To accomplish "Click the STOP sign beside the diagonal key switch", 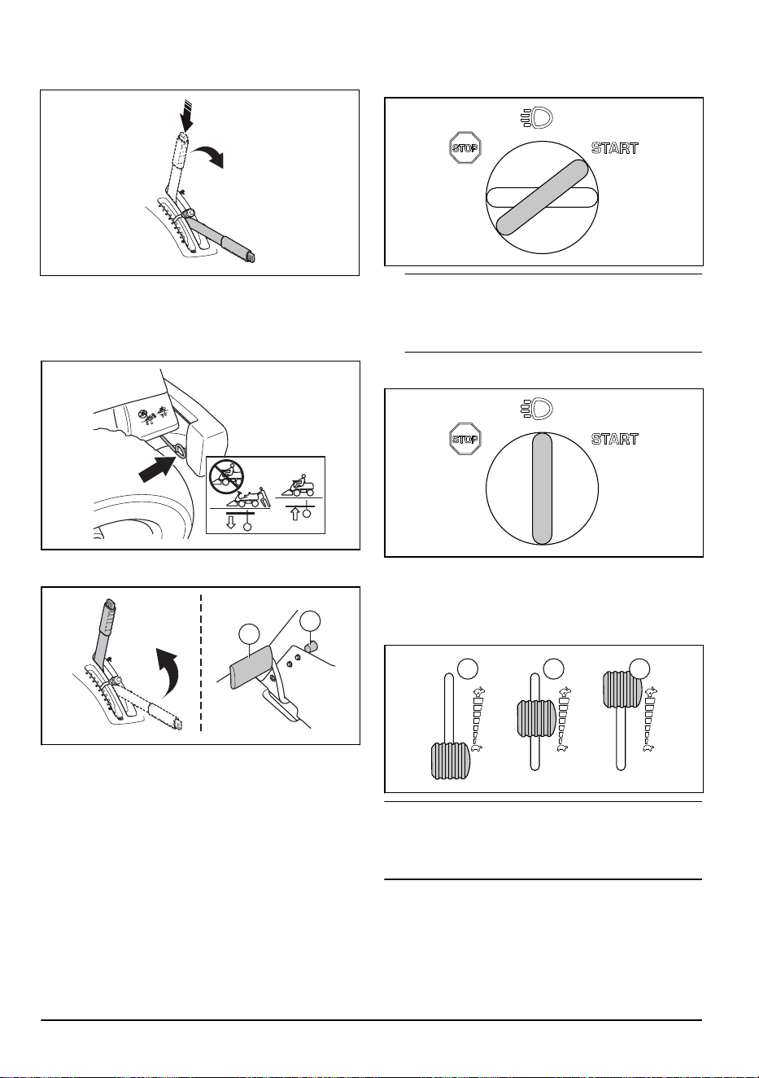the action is pyautogui.click(x=465, y=147).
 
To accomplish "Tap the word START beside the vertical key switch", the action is pyautogui.click(x=615, y=439).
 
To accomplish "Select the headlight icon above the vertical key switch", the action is pyautogui.click(x=536, y=409).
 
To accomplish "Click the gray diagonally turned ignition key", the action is pyautogui.click(x=542, y=197).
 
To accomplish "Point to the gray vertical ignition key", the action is pyautogui.click(x=542, y=488).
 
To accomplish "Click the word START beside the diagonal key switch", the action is pyautogui.click(x=615, y=147).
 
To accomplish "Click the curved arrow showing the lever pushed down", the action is pyautogui.click(x=209, y=157).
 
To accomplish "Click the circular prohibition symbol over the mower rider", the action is pyautogui.click(x=226, y=476).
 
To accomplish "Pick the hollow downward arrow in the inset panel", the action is pyautogui.click(x=231, y=523).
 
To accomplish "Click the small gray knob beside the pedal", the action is pyautogui.click(x=312, y=646).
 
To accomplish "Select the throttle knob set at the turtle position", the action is pyautogui.click(x=449, y=761).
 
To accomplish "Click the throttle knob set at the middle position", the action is pyautogui.click(x=536, y=718).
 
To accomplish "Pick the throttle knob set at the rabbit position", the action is pyautogui.click(x=622, y=689).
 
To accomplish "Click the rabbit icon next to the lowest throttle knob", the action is pyautogui.click(x=478, y=691).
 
